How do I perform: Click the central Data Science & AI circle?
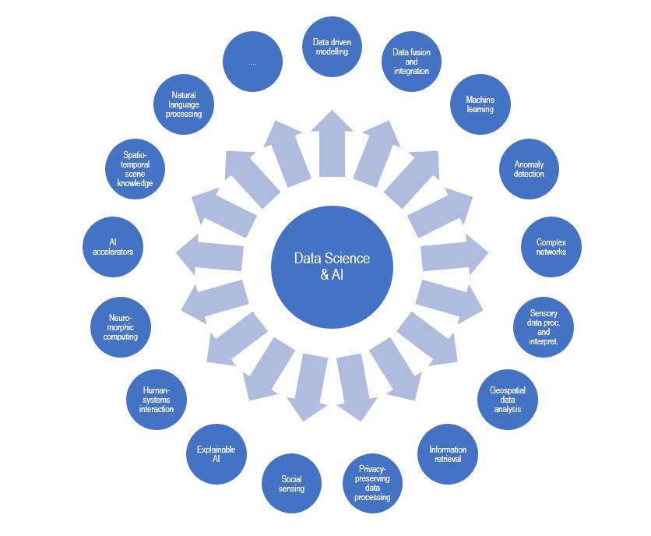click(x=331, y=267)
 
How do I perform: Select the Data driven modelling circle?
click(x=331, y=47)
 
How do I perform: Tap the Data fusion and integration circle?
click(x=411, y=62)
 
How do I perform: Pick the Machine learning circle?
click(x=480, y=104)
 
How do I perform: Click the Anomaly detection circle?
click(x=529, y=169)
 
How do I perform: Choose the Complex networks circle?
click(x=551, y=248)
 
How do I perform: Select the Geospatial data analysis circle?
click(x=507, y=399)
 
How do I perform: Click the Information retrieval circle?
click(x=448, y=454)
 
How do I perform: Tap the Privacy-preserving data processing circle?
click(x=372, y=483)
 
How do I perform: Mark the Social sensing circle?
click(x=292, y=484)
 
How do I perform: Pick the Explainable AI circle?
click(x=216, y=454)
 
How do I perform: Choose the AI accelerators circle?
click(x=113, y=247)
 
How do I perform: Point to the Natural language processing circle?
click(x=185, y=104)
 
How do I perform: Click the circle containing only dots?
click(x=252, y=62)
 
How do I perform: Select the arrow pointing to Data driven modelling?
click(x=331, y=148)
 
